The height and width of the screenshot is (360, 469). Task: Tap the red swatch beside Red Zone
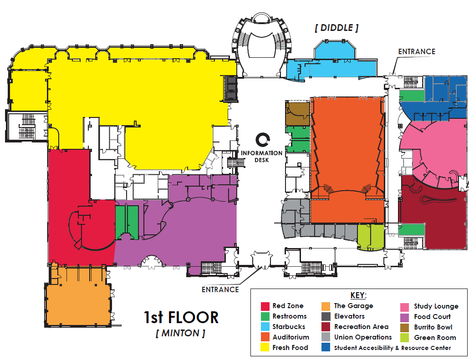pos(265,306)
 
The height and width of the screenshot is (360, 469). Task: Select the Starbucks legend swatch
pos(265,327)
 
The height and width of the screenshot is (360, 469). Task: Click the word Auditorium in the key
pos(291,337)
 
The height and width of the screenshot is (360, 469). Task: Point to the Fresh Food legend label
pos(290,348)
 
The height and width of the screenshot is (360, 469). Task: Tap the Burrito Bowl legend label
pos(433,327)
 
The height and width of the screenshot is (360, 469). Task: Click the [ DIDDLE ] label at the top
pos(336,28)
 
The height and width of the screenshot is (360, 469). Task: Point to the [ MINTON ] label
pos(180,333)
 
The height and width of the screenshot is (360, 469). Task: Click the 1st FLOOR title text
pos(181,317)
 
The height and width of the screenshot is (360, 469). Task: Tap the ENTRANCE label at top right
pos(417,51)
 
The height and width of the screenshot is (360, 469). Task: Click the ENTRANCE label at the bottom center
pos(220,289)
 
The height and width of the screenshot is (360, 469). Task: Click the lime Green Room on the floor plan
pos(371,236)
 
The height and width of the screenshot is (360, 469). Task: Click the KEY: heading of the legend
pos(358,295)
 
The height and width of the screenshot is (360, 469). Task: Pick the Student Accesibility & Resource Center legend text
pos(393,348)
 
